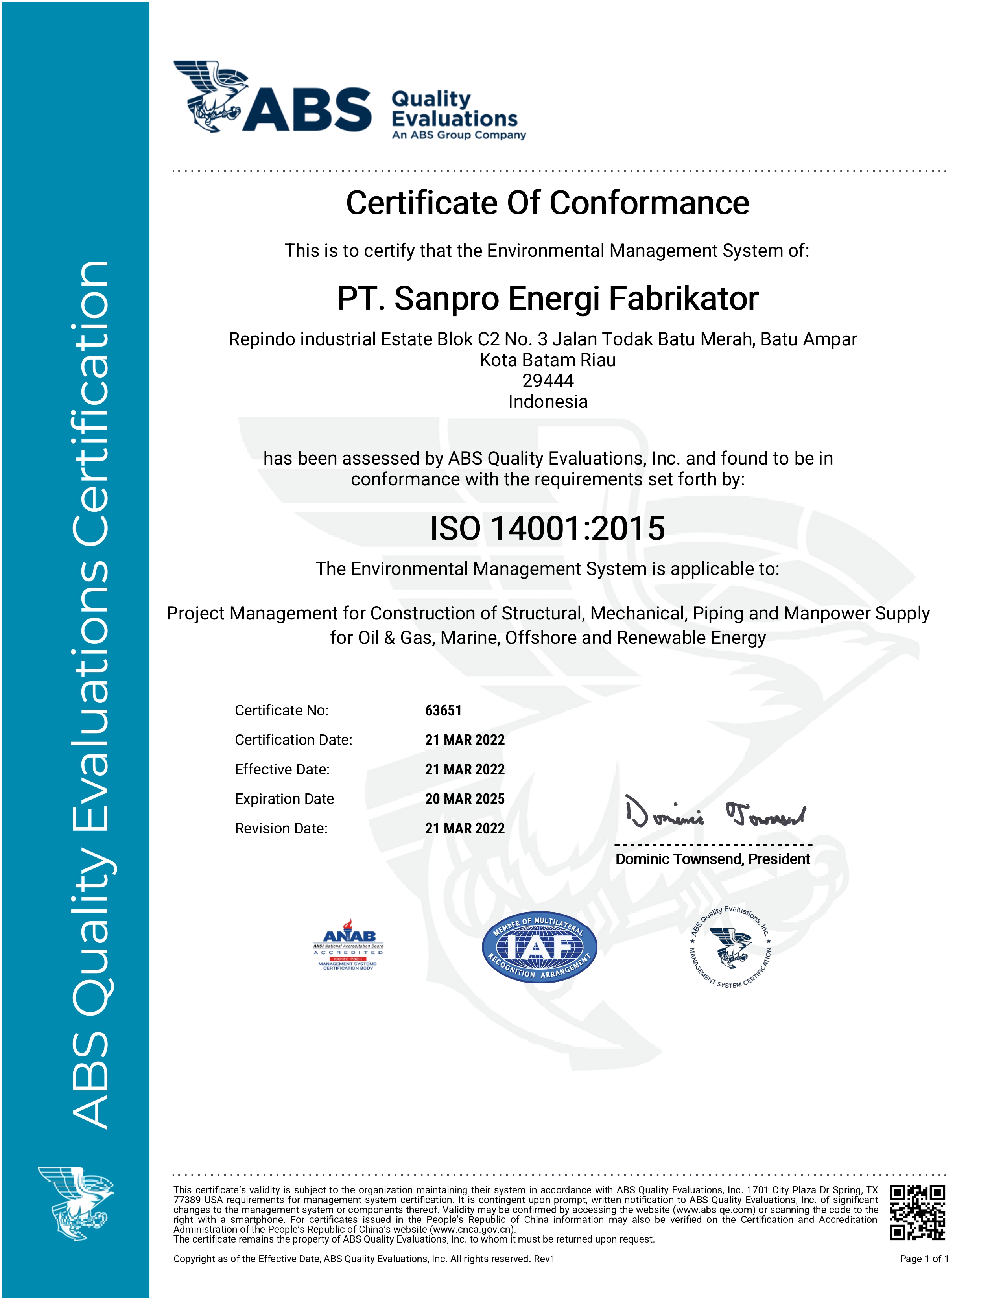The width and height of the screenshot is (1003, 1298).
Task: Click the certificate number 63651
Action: tap(443, 710)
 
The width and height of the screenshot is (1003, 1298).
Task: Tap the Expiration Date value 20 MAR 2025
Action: tap(465, 799)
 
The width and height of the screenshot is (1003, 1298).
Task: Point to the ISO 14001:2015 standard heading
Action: tap(547, 528)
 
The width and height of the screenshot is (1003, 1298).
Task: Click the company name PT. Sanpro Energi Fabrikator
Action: tap(547, 299)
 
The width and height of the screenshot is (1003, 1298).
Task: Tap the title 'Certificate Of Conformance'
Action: tap(547, 203)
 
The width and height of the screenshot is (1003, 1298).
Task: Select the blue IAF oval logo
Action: tap(539, 947)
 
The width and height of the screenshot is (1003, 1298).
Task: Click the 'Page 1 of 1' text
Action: tap(924, 1259)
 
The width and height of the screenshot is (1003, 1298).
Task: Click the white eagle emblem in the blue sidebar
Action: tap(76, 1204)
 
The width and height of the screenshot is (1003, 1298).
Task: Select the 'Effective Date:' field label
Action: tap(282, 770)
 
